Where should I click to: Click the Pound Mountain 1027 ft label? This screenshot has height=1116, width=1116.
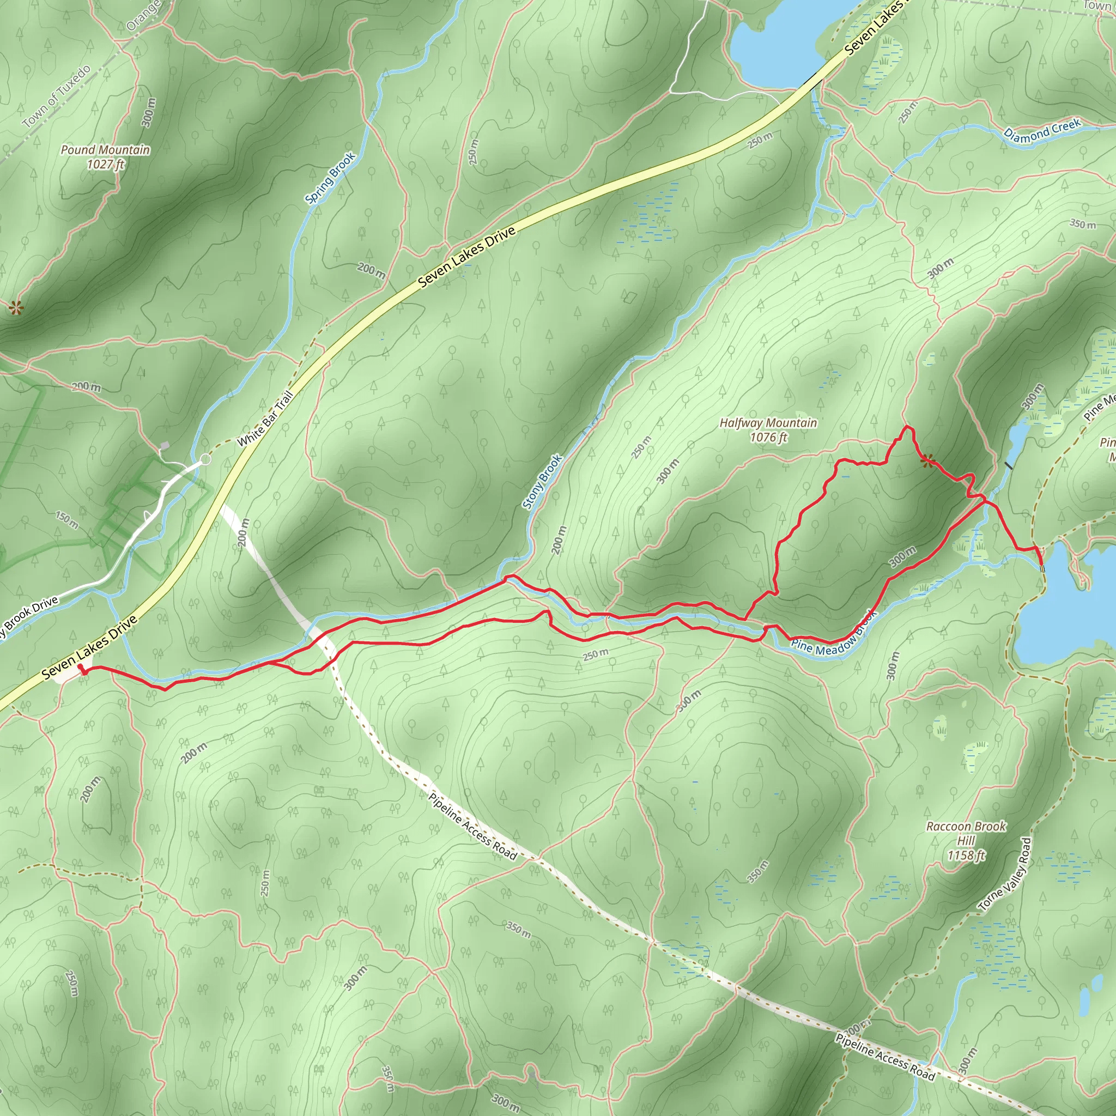click(x=105, y=157)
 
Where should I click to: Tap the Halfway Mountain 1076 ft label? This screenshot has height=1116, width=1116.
click(x=768, y=430)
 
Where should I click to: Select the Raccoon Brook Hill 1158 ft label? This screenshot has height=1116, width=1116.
click(x=966, y=841)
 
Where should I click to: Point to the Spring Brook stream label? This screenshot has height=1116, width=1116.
click(x=330, y=178)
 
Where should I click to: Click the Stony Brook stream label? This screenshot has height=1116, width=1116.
click(x=542, y=482)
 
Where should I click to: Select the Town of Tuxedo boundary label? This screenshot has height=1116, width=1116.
click(x=57, y=96)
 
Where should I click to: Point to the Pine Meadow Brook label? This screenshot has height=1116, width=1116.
click(x=834, y=635)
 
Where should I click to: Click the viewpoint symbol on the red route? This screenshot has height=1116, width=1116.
click(x=927, y=460)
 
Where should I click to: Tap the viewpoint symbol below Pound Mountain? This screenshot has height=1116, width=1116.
click(x=16, y=308)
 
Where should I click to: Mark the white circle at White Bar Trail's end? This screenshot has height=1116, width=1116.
click(x=205, y=460)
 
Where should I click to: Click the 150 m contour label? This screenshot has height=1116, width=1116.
click(x=67, y=520)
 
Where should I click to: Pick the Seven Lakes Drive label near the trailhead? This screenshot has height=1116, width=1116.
click(x=89, y=647)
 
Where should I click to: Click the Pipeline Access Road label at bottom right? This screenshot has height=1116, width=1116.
click(x=885, y=1057)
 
